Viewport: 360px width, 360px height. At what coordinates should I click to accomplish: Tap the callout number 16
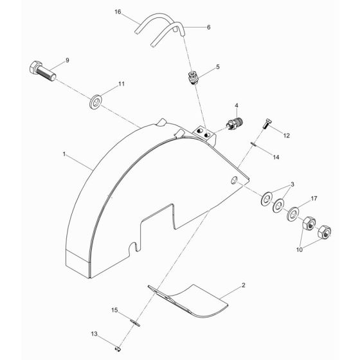pyautogui.click(x=117, y=12)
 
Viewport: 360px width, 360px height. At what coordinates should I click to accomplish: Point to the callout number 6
pyautogui.click(x=208, y=28)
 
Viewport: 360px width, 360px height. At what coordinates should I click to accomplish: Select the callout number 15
pyautogui.click(x=114, y=310)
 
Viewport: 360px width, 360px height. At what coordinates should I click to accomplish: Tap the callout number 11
pyautogui.click(x=118, y=84)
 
